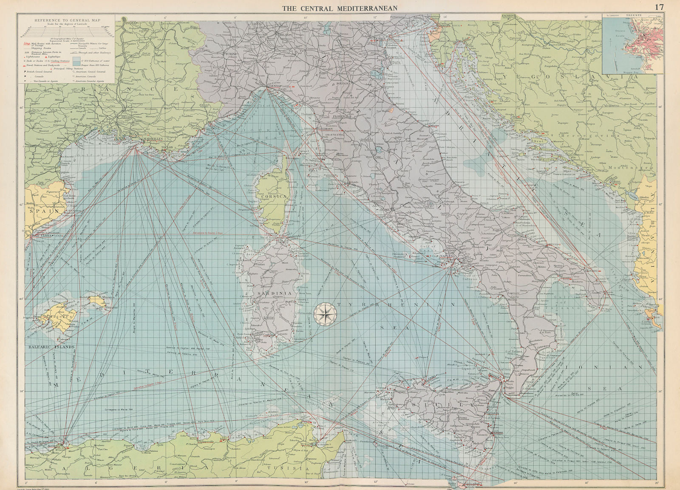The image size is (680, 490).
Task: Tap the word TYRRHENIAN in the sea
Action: [395, 305]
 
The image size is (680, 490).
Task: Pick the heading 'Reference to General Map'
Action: [66, 20]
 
